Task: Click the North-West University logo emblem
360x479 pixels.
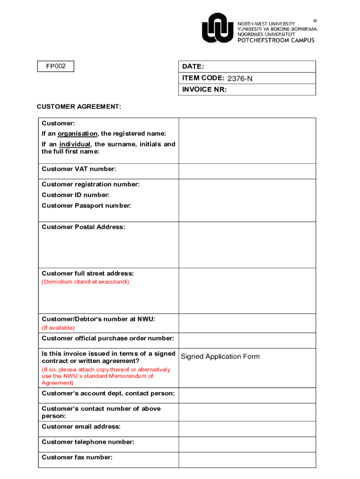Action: click(217, 28)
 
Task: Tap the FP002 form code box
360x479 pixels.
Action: click(56, 66)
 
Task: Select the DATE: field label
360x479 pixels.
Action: click(193, 67)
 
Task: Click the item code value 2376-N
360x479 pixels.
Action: click(240, 79)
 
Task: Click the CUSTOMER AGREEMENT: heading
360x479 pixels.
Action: click(79, 107)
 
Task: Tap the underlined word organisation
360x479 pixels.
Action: click(78, 134)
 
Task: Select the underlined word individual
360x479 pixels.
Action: click(74, 144)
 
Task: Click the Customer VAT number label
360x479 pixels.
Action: click(79, 169)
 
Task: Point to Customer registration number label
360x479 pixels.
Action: click(91, 184)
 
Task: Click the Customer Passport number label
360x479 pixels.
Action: click(86, 205)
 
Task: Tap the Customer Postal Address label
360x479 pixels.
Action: click(83, 227)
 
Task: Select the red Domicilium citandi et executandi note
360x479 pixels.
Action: click(86, 282)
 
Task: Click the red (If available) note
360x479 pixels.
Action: click(58, 328)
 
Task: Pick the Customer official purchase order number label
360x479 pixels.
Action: click(108, 338)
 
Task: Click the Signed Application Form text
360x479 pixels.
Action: click(220, 356)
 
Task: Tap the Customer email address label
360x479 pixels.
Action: click(81, 427)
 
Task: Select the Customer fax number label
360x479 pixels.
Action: click(77, 457)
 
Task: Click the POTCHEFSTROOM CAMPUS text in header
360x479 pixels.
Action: click(276, 40)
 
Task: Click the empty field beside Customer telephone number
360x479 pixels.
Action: click(247, 444)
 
